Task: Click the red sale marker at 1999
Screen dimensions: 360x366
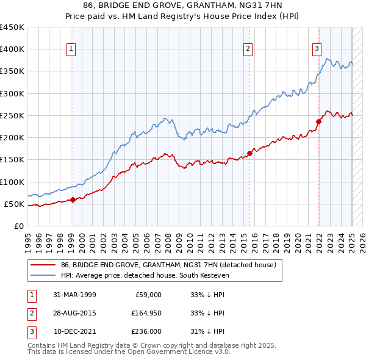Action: click(x=73, y=200)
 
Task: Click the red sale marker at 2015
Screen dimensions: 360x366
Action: click(x=249, y=153)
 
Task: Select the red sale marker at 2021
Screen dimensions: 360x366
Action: click(x=318, y=121)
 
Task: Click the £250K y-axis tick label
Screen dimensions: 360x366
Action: click(x=12, y=115)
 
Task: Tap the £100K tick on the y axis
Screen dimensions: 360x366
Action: click(x=12, y=182)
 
